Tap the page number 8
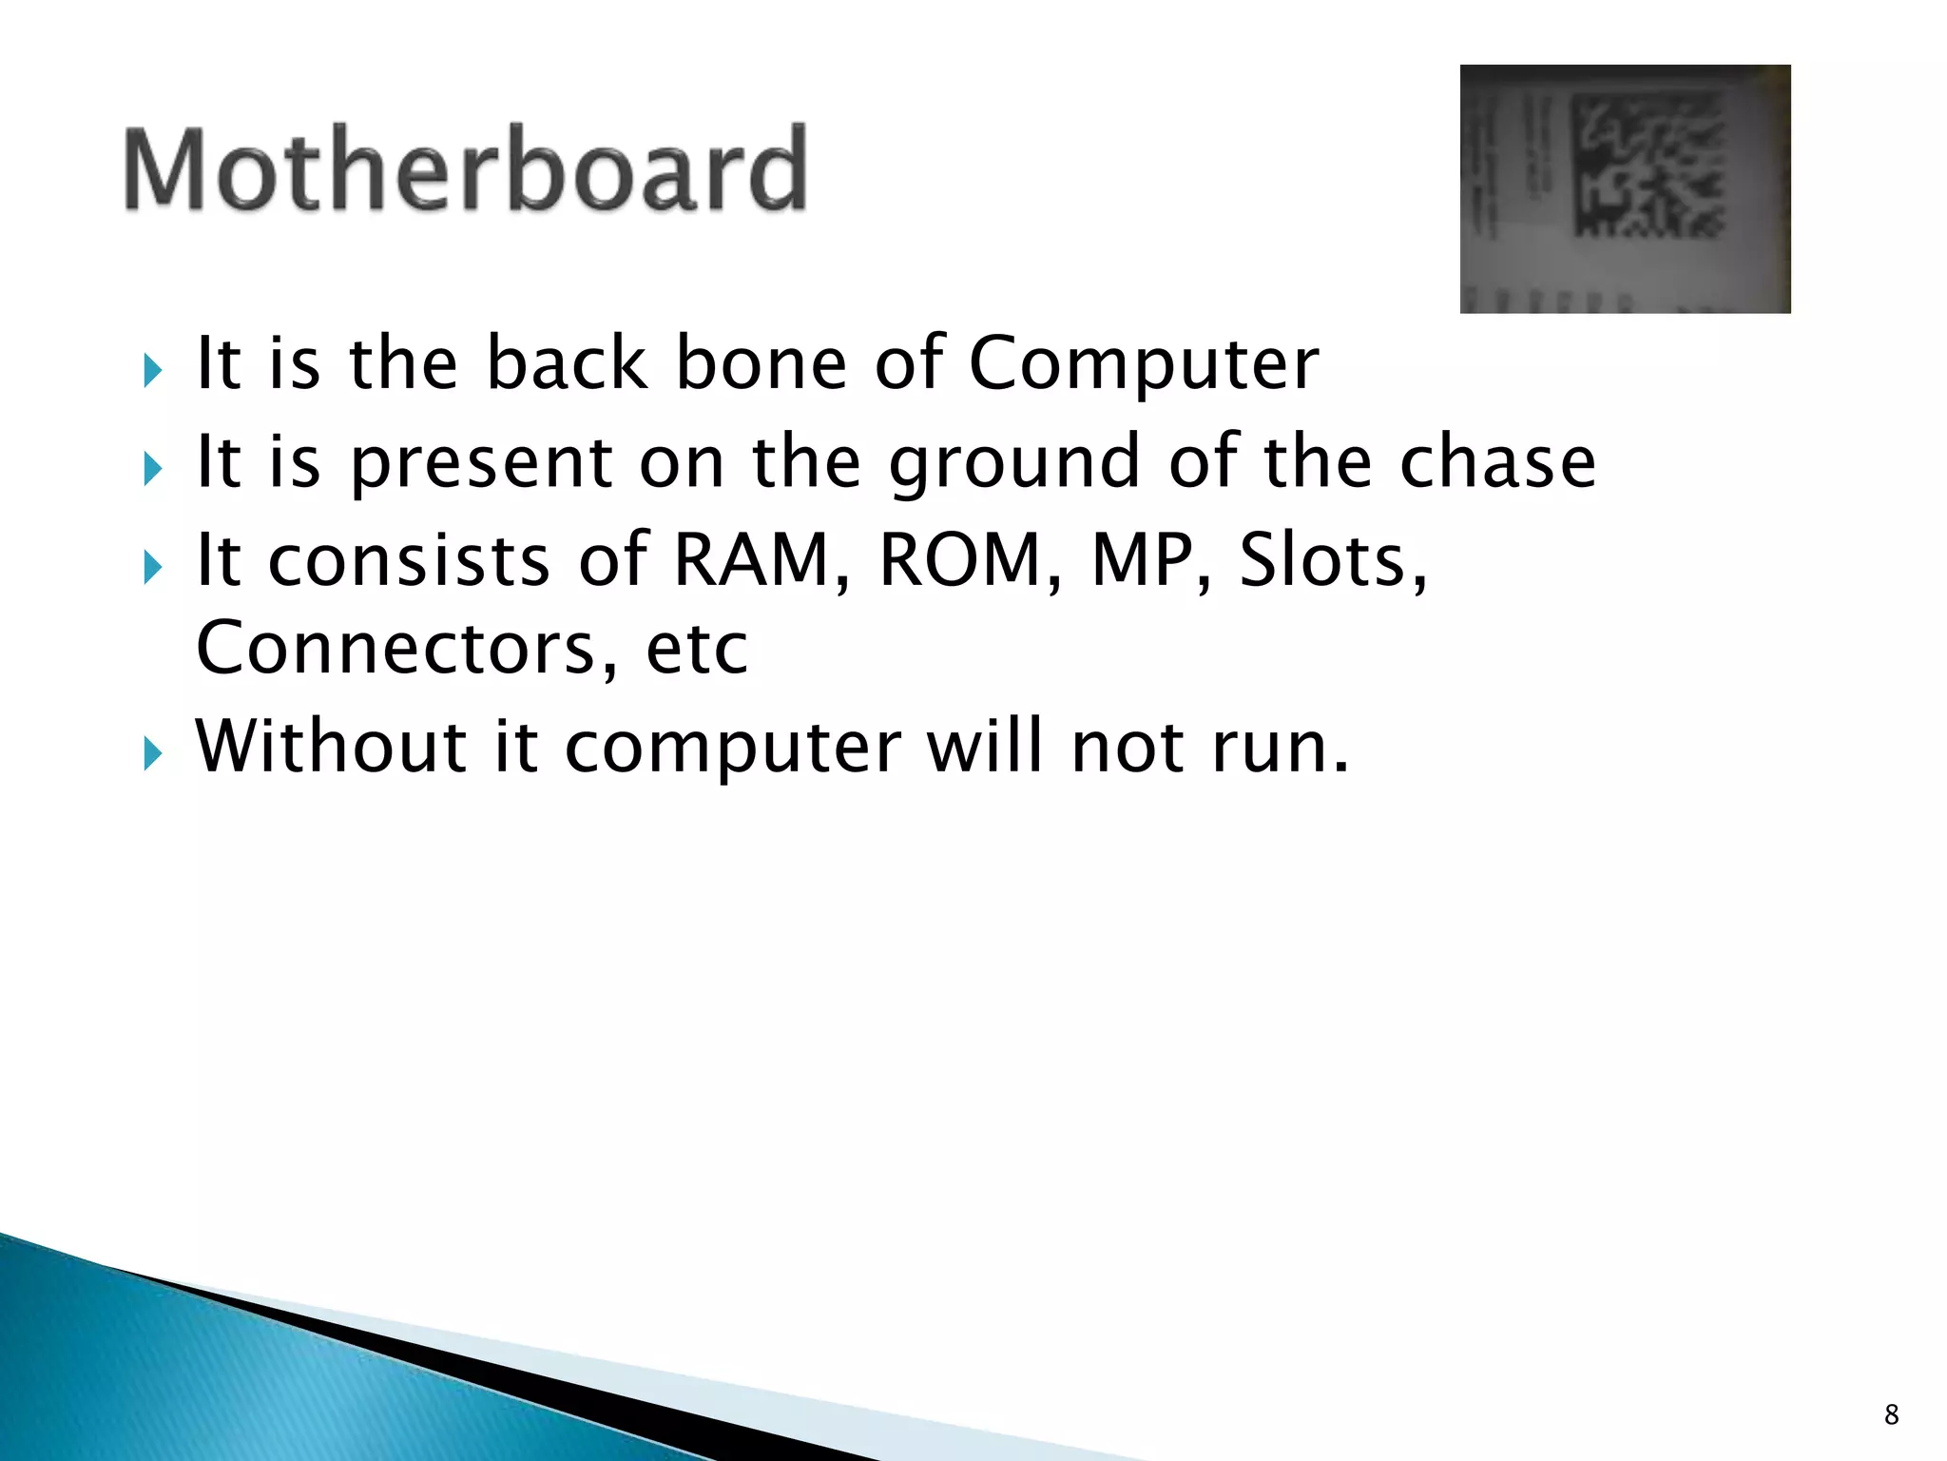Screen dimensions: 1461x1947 coord(1891,1414)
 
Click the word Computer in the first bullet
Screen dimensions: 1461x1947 coord(1144,364)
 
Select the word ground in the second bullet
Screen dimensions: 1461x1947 coord(1013,464)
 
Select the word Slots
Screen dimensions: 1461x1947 coord(1331,560)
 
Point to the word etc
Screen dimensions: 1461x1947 coord(697,649)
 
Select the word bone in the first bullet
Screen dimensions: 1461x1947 coord(761,364)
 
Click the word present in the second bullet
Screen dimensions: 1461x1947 coord(481,464)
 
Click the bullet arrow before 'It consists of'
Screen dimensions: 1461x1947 coord(153,568)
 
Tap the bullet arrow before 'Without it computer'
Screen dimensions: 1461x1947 coord(153,754)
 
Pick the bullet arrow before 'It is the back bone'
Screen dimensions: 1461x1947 coord(153,371)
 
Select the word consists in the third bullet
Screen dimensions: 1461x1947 coord(409,560)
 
